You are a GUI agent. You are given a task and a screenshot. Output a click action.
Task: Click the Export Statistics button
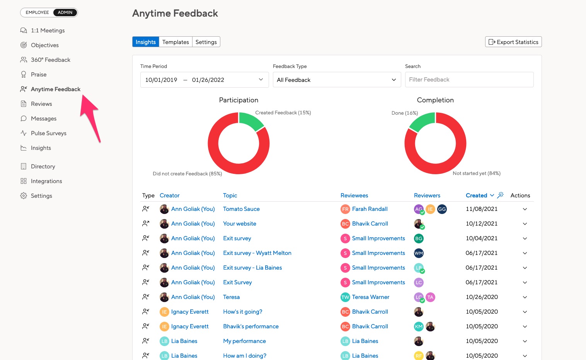point(513,42)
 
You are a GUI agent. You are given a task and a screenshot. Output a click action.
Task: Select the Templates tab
point(175,42)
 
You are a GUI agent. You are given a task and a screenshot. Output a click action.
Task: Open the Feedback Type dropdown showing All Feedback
point(337,80)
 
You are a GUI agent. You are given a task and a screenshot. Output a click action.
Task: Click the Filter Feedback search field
point(469,80)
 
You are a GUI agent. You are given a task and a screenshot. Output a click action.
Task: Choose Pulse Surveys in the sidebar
point(48,133)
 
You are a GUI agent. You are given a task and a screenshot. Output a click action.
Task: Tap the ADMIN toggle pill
point(65,13)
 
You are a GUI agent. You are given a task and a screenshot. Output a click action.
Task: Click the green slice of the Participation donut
point(250,120)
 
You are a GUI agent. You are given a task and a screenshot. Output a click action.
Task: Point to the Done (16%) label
point(404,113)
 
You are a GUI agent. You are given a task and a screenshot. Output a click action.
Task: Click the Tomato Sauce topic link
point(241,209)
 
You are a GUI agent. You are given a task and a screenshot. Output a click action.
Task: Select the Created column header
point(476,195)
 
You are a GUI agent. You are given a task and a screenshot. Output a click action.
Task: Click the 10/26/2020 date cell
point(482,297)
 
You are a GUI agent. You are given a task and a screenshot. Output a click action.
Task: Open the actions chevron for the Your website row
point(525,224)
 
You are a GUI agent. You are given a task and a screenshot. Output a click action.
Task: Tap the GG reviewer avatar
point(442,209)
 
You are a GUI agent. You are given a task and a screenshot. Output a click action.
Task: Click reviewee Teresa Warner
point(370,297)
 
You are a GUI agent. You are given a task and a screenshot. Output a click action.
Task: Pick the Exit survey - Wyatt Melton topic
point(257,253)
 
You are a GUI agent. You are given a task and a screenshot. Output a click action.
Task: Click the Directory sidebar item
point(43,166)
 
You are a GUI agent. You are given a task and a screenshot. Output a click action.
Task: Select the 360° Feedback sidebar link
point(50,60)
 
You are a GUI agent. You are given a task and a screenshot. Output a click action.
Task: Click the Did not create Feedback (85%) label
point(187,174)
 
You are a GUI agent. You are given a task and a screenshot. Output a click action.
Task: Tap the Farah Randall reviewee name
point(370,209)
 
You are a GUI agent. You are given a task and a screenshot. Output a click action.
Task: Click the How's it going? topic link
point(242,312)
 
